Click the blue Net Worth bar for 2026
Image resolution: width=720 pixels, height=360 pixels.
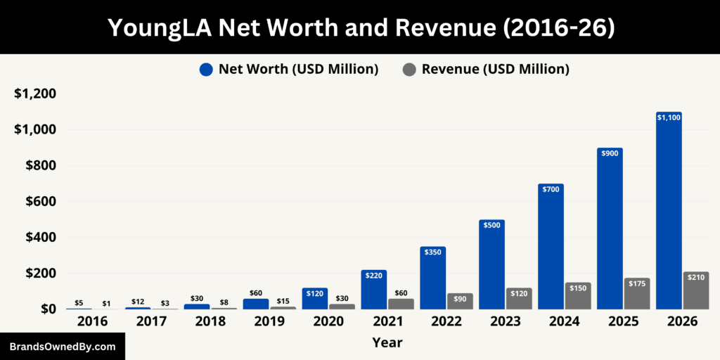[x=669, y=211]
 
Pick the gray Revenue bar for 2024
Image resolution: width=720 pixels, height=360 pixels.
[x=578, y=296]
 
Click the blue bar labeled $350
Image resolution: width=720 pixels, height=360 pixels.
[x=433, y=278]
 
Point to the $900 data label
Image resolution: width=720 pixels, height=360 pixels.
[x=610, y=153]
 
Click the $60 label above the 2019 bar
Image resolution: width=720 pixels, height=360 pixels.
[x=256, y=293]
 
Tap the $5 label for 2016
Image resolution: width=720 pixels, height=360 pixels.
[x=79, y=303]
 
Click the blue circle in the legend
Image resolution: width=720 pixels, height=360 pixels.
[x=206, y=69]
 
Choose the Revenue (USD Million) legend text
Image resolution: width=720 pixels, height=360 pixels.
[x=495, y=69]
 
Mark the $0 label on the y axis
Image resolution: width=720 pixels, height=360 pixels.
[x=49, y=309]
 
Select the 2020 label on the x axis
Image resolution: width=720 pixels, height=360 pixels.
[x=328, y=321]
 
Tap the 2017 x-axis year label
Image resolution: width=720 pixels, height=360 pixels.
[x=151, y=321]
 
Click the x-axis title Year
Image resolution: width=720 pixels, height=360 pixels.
[x=387, y=343]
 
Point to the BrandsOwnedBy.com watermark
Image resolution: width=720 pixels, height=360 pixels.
[x=63, y=347]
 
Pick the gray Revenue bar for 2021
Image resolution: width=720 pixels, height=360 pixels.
[x=401, y=304]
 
